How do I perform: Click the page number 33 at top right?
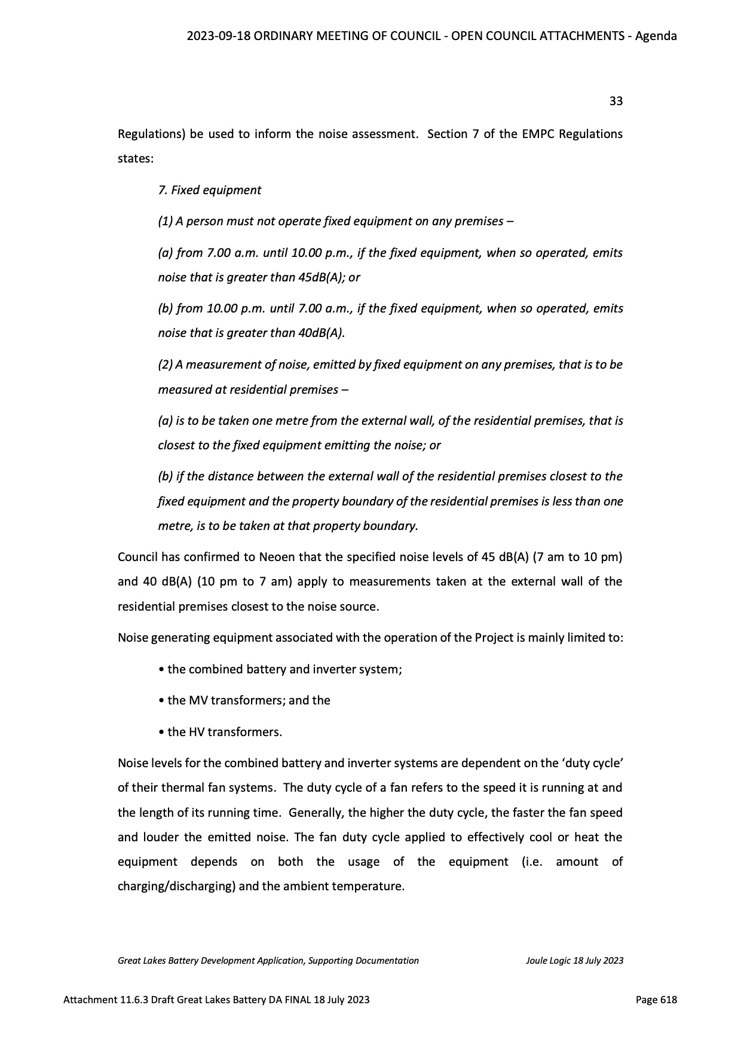616,101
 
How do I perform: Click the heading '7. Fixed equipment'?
210,190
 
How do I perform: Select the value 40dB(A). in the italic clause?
321,333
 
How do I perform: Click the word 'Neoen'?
277,557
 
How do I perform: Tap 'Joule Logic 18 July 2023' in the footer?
574,960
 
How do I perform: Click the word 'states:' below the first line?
136,159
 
